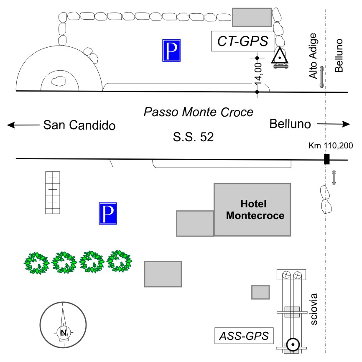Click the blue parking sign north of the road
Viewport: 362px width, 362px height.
click(172, 51)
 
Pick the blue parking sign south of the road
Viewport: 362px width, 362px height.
click(108, 214)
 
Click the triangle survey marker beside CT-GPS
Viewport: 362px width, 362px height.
click(280, 56)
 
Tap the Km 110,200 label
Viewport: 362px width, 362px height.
click(331, 146)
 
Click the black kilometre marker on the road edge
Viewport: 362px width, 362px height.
click(327, 159)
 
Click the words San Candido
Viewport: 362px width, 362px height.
click(79, 125)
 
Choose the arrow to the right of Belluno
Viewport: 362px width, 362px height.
click(333, 124)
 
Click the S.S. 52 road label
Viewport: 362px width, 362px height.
click(194, 137)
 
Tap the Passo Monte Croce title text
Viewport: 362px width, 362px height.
click(199, 112)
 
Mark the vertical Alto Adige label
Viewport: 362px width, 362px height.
click(314, 56)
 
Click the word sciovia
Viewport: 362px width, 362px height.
click(315, 309)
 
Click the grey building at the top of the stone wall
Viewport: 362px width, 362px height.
click(252, 17)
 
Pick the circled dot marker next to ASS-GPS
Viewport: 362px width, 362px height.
click(293, 344)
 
